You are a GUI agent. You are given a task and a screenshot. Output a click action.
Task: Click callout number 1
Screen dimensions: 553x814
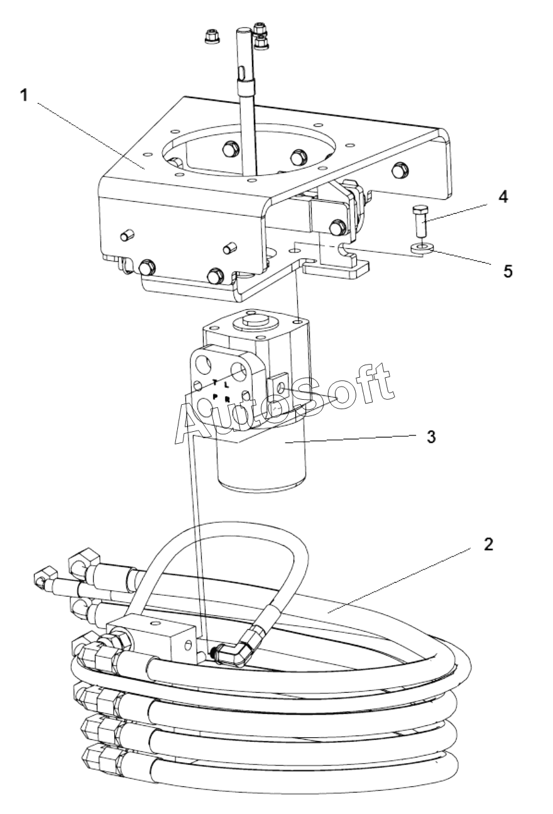24,96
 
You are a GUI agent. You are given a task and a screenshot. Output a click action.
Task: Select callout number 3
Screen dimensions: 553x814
431,437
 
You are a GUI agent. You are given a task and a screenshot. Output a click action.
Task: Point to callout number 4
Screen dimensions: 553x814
503,197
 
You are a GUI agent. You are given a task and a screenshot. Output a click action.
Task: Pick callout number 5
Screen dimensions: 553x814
508,271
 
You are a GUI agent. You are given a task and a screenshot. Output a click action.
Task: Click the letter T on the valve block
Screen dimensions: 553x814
215,382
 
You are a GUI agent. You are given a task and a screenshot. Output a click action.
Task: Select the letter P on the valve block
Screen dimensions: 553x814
215,396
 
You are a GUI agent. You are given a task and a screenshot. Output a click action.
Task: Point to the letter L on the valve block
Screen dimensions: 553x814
227,383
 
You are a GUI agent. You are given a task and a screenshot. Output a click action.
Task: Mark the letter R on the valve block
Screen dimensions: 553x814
227,399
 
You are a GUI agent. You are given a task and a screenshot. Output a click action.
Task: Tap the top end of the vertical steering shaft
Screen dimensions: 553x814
243,30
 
